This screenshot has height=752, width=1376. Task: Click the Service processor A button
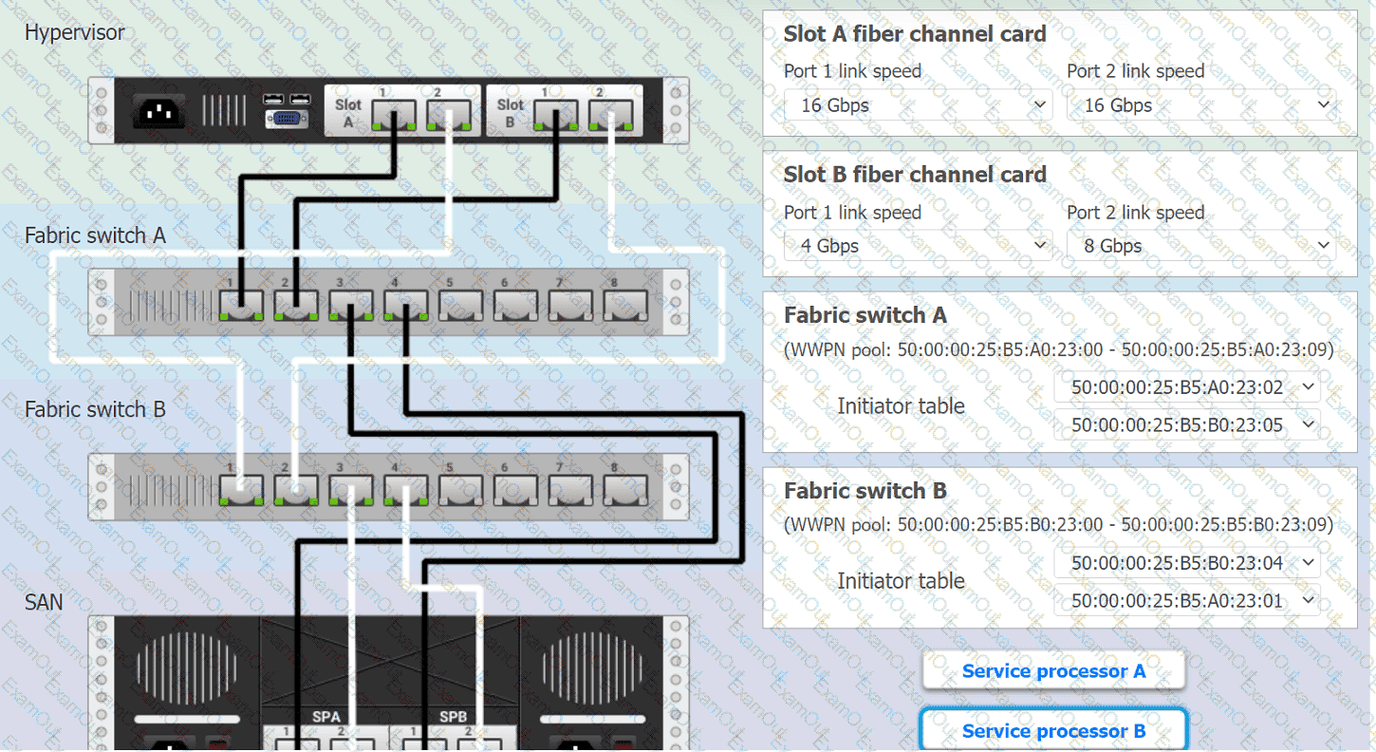(x=1053, y=671)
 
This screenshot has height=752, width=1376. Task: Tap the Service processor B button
(x=1053, y=731)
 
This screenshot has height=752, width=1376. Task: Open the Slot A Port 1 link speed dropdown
(x=918, y=105)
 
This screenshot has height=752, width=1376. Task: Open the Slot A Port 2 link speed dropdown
(x=1200, y=105)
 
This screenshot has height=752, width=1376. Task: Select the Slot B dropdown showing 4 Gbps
(x=918, y=246)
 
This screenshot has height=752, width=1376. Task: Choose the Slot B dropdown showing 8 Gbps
(x=1200, y=246)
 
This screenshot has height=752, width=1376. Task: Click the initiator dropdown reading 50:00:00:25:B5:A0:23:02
(x=1187, y=387)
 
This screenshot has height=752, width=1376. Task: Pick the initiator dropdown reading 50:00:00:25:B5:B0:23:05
(x=1187, y=424)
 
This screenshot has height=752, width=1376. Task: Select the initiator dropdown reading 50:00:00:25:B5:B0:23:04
(x=1187, y=563)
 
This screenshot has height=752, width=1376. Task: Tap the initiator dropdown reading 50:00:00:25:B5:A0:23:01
(x=1187, y=600)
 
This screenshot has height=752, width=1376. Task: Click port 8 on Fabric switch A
(x=626, y=305)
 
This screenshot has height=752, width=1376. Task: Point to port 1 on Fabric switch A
(x=241, y=305)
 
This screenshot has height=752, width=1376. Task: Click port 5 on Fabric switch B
(x=461, y=490)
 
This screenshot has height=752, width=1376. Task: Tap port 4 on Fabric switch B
(x=406, y=490)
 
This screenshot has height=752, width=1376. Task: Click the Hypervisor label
(x=74, y=32)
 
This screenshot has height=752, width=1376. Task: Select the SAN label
(x=44, y=602)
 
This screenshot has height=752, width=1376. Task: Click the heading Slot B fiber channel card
(x=914, y=175)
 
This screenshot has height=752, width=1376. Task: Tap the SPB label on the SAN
(x=453, y=717)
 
